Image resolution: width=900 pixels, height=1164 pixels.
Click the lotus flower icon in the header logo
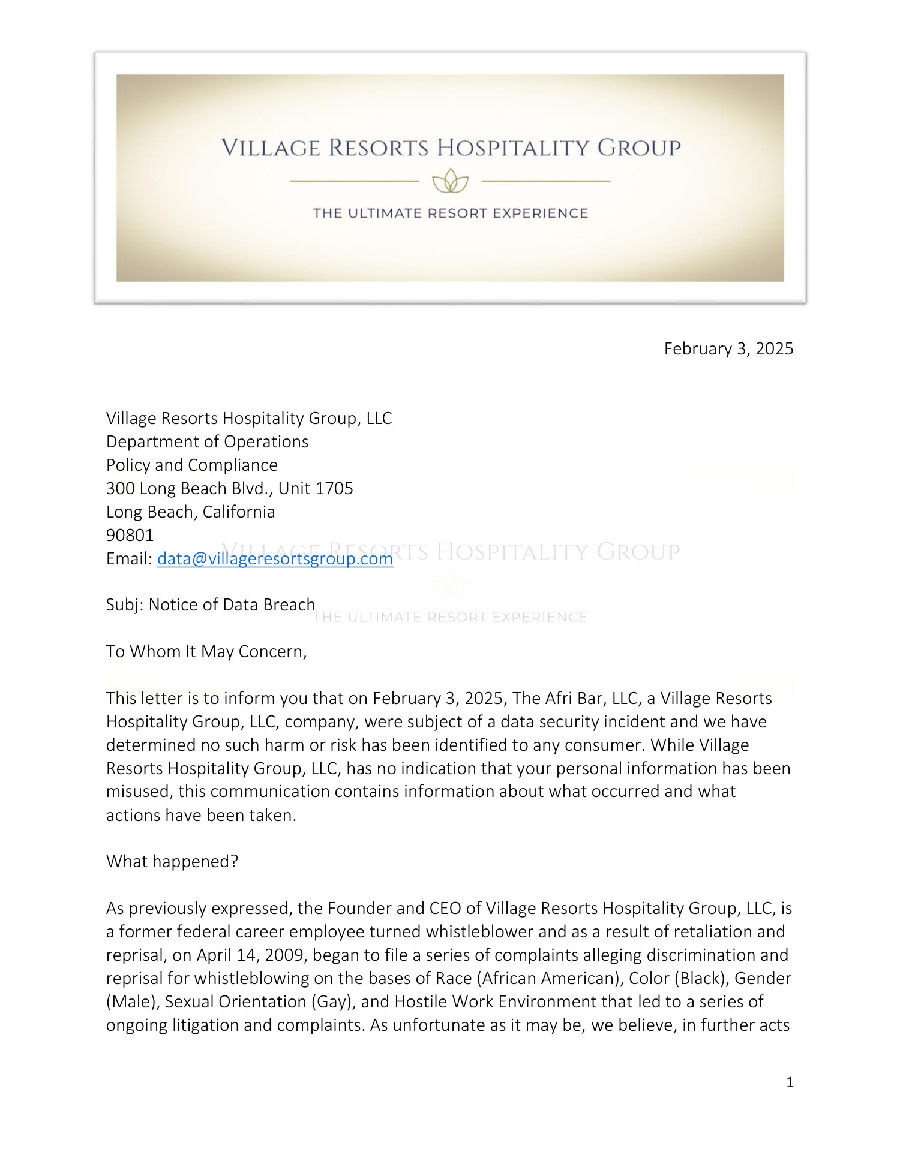[x=450, y=181]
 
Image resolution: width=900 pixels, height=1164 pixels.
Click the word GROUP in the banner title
[x=639, y=148]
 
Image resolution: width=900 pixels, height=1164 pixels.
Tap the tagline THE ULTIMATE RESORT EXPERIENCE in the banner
[x=450, y=213]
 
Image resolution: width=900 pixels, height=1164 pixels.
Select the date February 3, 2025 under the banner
[x=728, y=349]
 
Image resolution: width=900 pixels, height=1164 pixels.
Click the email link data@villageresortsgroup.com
[x=275, y=558]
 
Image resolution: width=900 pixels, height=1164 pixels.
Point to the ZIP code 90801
[x=130, y=535]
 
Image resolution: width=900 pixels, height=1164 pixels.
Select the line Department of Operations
[x=207, y=441]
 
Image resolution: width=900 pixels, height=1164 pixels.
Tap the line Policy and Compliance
[x=191, y=465]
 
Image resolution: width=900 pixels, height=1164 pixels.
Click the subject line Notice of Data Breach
[x=232, y=604]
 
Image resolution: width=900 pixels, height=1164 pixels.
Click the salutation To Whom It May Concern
[x=206, y=651]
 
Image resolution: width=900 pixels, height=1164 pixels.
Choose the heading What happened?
[x=172, y=861]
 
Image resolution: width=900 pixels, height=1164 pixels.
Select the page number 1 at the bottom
[x=790, y=1082]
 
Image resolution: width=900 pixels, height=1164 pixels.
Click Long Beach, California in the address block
[x=190, y=512]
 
